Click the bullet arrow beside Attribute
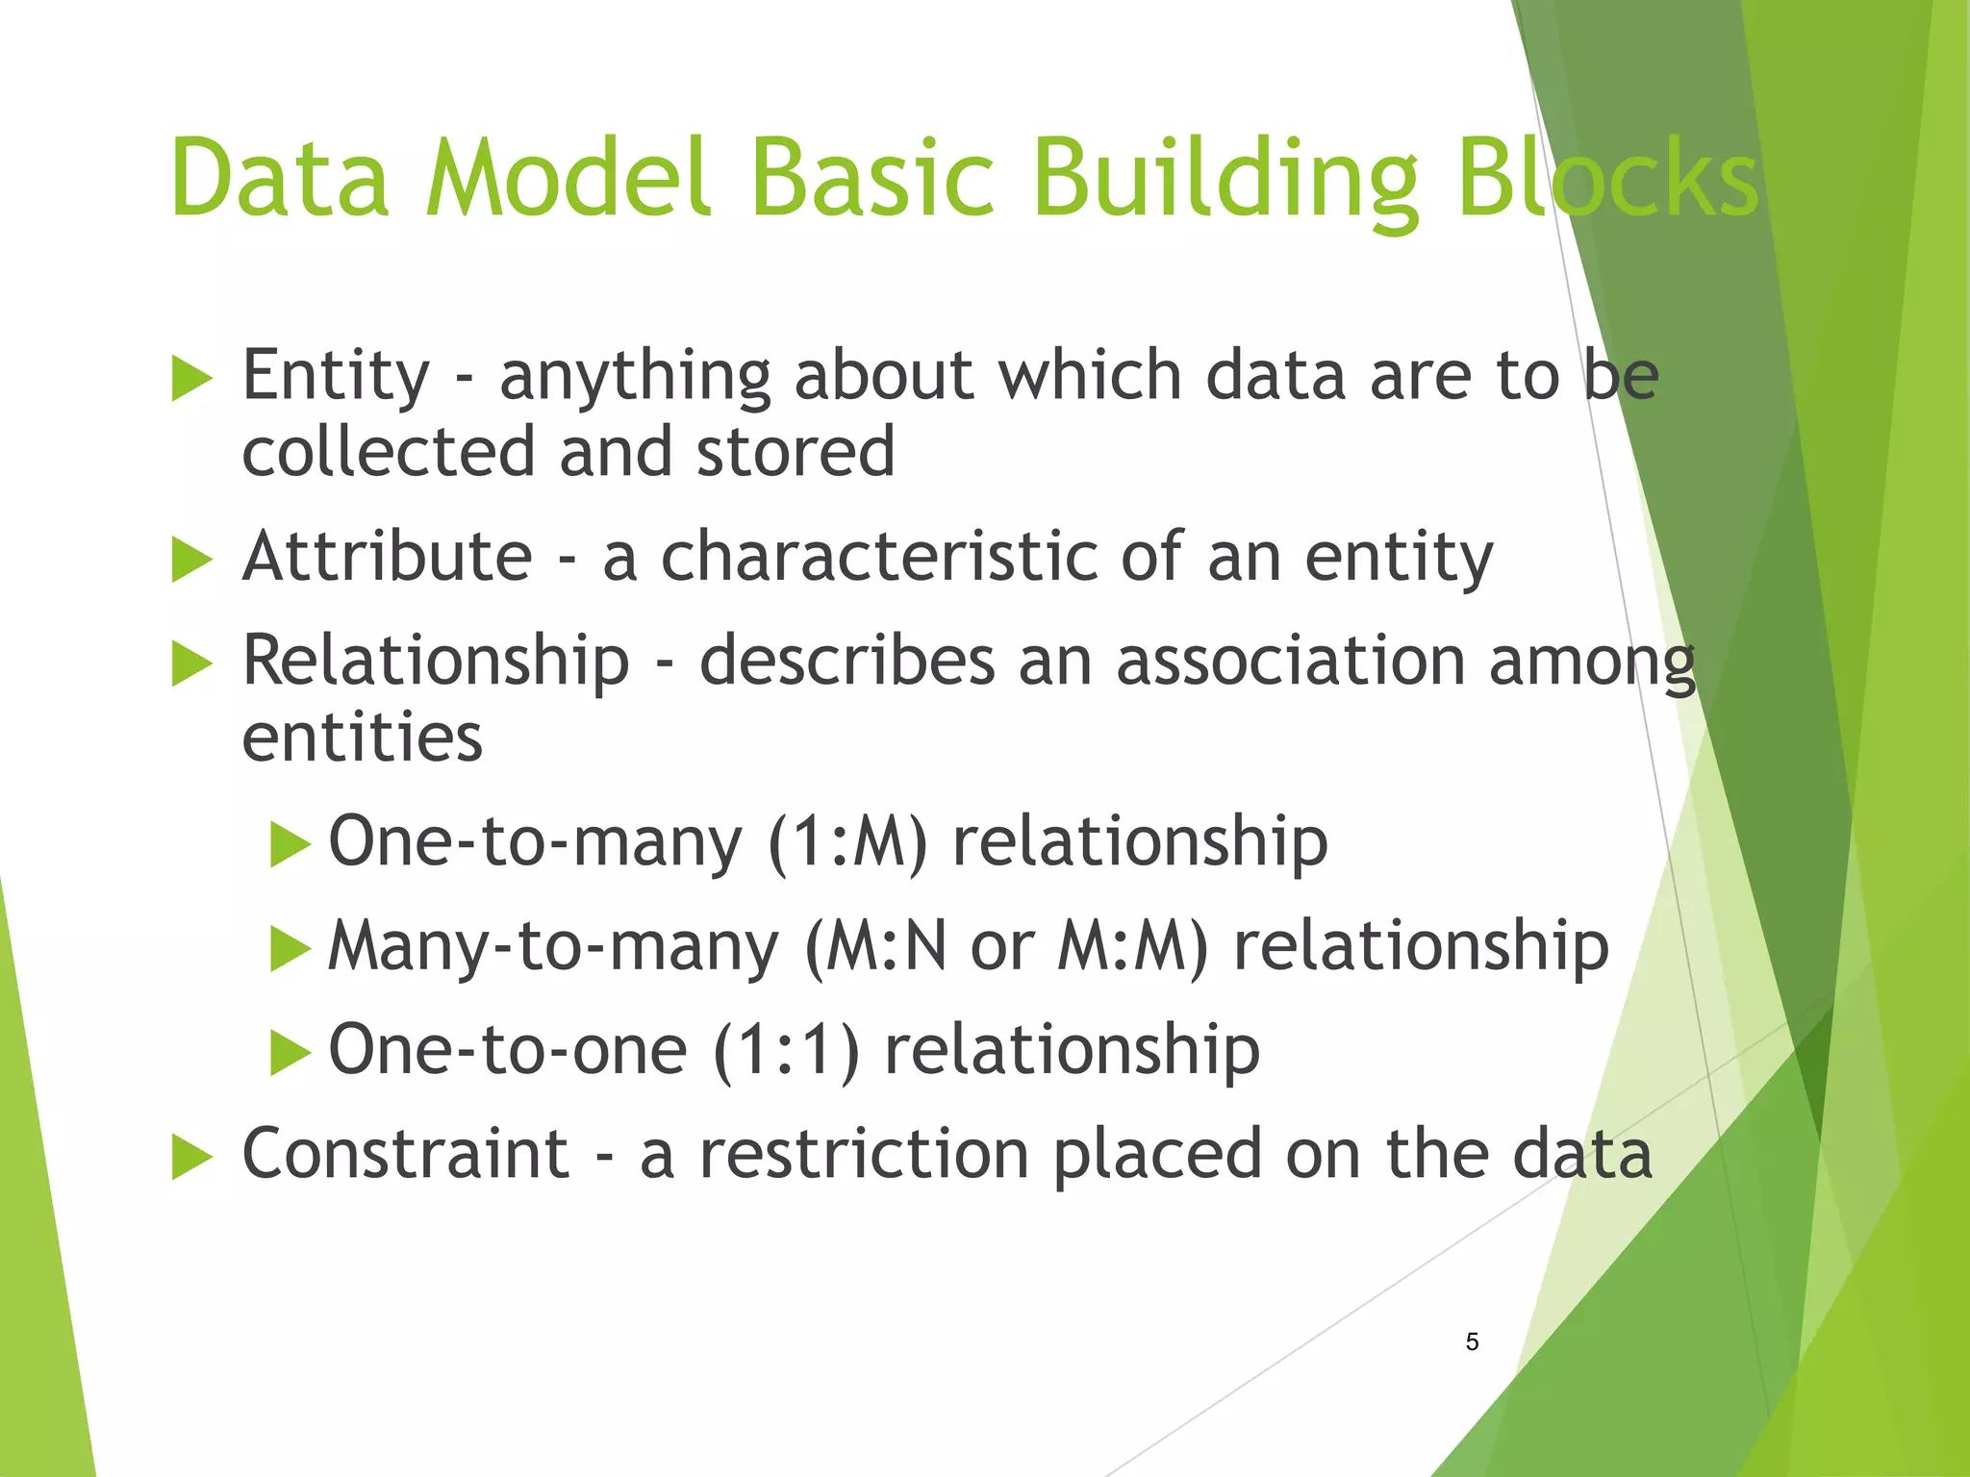191,559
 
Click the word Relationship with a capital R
436,662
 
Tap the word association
1291,662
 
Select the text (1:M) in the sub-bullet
847,842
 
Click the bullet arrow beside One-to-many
290,843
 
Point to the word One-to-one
508,1050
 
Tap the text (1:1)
786,1050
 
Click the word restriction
864,1154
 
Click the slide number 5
1472,1342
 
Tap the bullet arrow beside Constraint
191,1156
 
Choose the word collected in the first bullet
389,452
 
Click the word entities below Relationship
362,738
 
